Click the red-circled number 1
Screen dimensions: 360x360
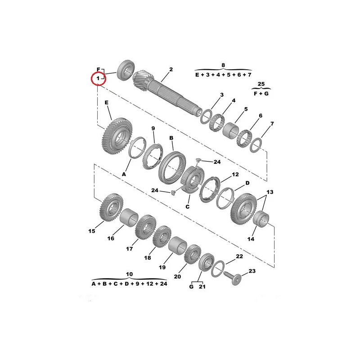pos(98,78)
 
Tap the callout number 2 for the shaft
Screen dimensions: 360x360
pos(171,69)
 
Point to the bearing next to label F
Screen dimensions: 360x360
pos(126,70)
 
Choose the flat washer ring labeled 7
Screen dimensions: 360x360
pos(256,145)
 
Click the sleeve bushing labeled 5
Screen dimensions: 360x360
pos(230,130)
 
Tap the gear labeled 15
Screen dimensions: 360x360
pos(111,207)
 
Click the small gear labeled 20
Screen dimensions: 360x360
pos(193,254)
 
